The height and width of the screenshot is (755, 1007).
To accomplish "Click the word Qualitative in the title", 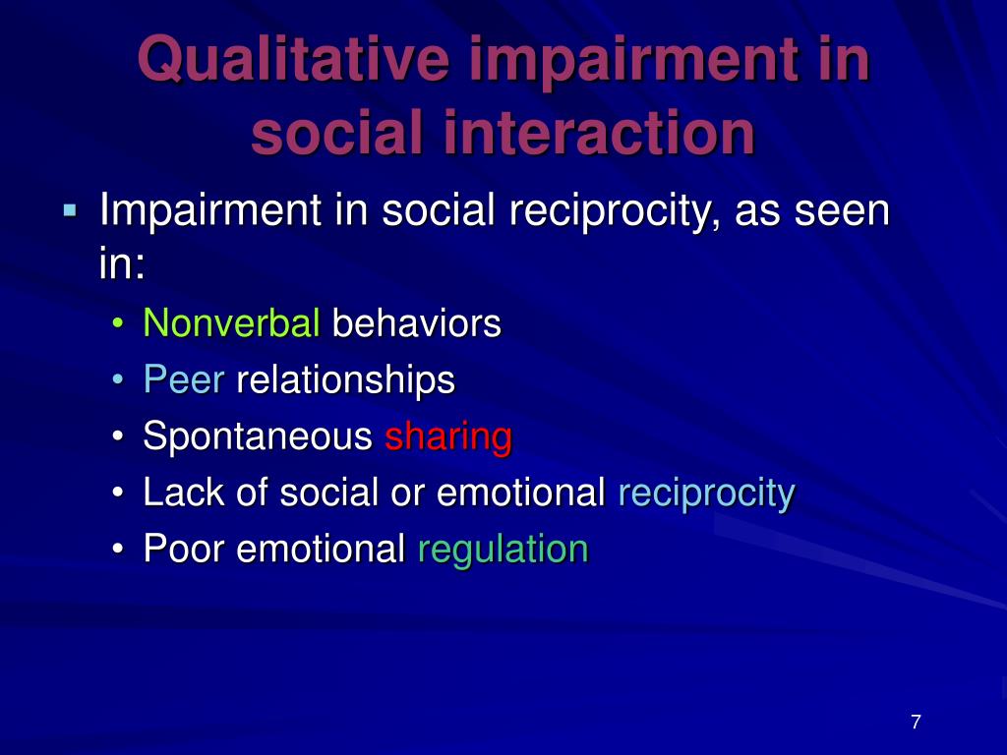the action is coord(293,60).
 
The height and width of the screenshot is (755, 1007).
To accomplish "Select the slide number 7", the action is coord(916,722).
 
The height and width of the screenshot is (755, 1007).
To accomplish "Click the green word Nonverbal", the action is coord(231,322).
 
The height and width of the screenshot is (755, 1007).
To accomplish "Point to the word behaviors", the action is coord(416,322).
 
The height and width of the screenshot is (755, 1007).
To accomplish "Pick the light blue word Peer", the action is coord(184,378).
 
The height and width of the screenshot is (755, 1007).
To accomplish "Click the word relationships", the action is coord(345,380).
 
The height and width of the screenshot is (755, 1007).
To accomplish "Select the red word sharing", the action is coord(448,436).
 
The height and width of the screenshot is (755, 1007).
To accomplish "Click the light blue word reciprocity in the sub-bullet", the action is coord(706,494).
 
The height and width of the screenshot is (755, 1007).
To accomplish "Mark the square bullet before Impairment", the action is coord(70,210).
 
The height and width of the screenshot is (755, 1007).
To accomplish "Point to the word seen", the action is coord(842,211).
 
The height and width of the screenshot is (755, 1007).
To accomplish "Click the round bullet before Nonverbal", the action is coord(118,322).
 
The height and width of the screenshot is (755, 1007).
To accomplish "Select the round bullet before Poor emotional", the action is coord(118,550).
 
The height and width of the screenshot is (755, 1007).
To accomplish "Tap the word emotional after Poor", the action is coord(322,549).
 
